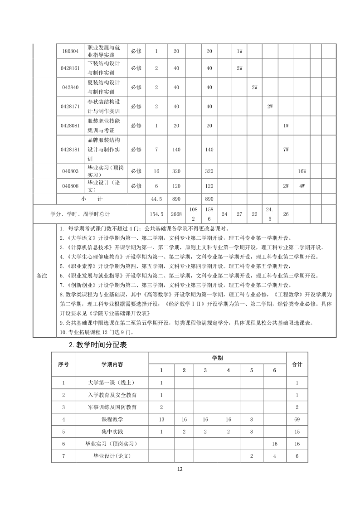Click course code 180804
pyautogui.click(x=70, y=51)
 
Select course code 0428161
pyautogui.click(x=70, y=68)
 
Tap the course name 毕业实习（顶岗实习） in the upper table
pyautogui.click(x=104, y=171)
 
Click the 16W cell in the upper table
pyautogui.click(x=302, y=171)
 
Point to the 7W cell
pyautogui.click(x=286, y=149)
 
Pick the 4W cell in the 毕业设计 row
pyautogui.click(x=302, y=186)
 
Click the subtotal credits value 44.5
pyautogui.click(x=156, y=199)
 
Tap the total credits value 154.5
pyautogui.click(x=156, y=214)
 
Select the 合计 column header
pyautogui.click(x=297, y=364)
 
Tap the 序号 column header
pyautogui.click(x=63, y=364)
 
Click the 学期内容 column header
pyautogui.click(x=112, y=364)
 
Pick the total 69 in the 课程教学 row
pyautogui.click(x=297, y=419)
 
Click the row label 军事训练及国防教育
pyautogui.click(x=112, y=407)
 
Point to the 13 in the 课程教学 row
pyautogui.click(x=161, y=419)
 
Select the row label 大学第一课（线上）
pyautogui.click(x=112, y=383)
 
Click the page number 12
pyautogui.click(x=180, y=470)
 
